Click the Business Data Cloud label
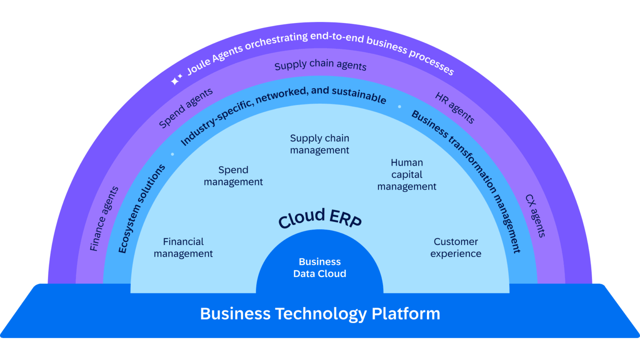pyautogui.click(x=320, y=267)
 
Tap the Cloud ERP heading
pyautogui.click(x=320, y=218)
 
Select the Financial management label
pyautogui.click(x=183, y=247)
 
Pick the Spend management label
pyautogui.click(x=233, y=176)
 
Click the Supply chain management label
pyautogui.click(x=320, y=144)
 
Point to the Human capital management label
pyautogui.click(x=407, y=175)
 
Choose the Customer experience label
pyautogui.click(x=456, y=247)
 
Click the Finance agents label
pyautogui.click(x=104, y=219)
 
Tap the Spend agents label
pyautogui.click(x=186, y=108)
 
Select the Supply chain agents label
pyautogui.click(x=320, y=65)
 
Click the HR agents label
pyautogui.click(x=455, y=108)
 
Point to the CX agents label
pyautogui.click(x=535, y=215)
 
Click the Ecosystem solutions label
pyautogui.click(x=141, y=209)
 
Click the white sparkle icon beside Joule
pyautogui.click(x=176, y=79)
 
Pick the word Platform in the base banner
pyautogui.click(x=406, y=314)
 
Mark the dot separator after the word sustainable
pyautogui.click(x=400, y=107)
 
